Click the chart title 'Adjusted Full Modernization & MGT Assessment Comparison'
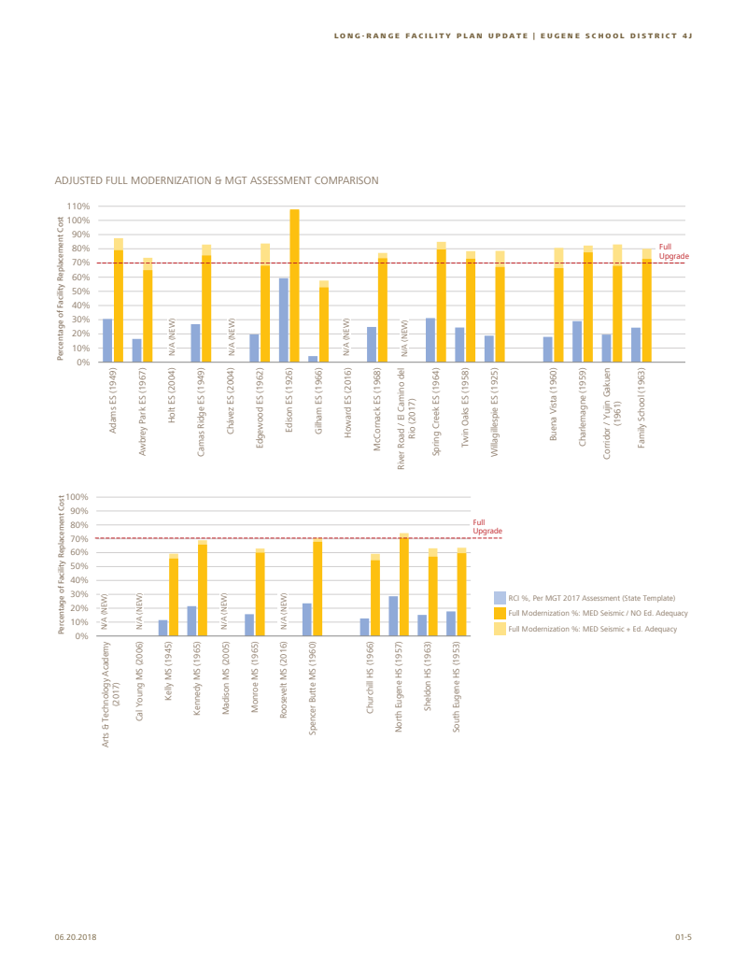coord(216,179)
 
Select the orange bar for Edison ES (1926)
coord(295,285)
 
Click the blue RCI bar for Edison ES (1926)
coord(284,320)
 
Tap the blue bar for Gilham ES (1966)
coord(313,359)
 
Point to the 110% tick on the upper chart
coord(78,206)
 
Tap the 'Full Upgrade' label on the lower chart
coord(487,527)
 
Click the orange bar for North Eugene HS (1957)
coord(404,585)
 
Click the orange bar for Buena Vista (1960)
coord(558,314)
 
